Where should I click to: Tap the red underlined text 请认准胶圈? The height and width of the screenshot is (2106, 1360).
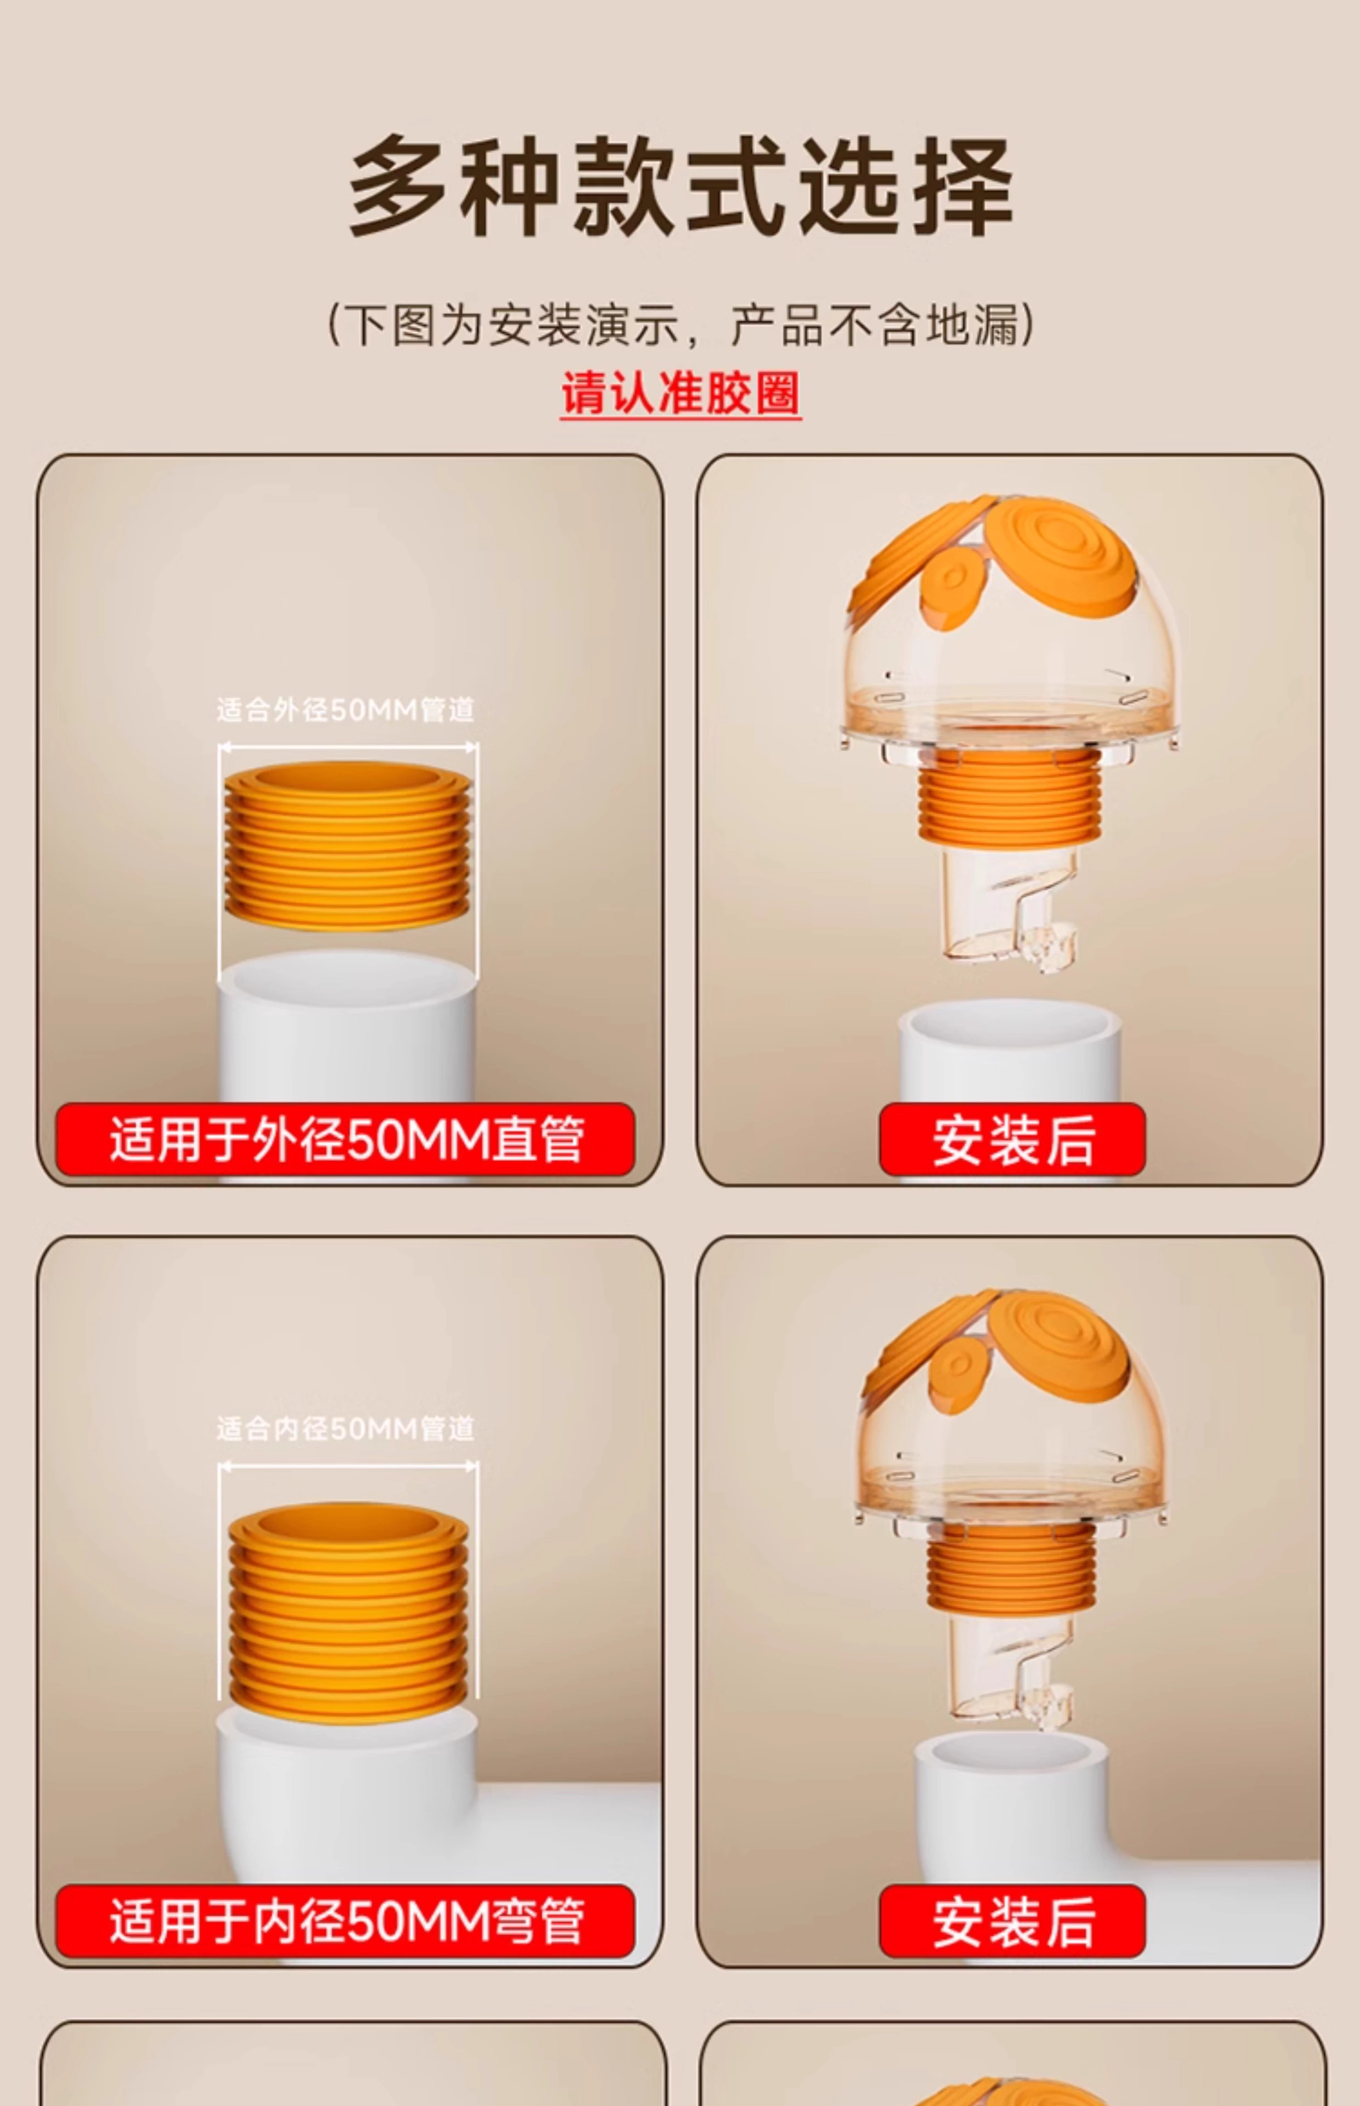coord(681,393)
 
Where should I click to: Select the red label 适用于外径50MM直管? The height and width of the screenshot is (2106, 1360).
coord(345,1139)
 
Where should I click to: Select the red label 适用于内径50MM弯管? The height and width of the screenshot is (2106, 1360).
coord(345,1921)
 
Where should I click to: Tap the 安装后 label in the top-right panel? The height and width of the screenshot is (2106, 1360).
coord(1012,1139)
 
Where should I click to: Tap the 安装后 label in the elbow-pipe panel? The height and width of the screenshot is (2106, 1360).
coord(1012,1921)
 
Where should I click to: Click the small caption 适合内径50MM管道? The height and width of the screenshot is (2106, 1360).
coord(346,1429)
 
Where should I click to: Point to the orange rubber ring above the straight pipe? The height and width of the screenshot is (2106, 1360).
coord(347,845)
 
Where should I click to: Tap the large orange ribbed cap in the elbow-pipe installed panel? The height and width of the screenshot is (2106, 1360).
coord(1058,1338)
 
